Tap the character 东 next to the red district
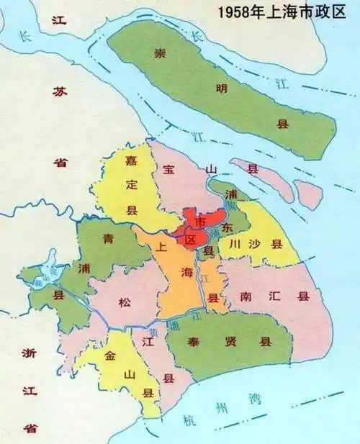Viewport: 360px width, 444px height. [228, 227]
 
